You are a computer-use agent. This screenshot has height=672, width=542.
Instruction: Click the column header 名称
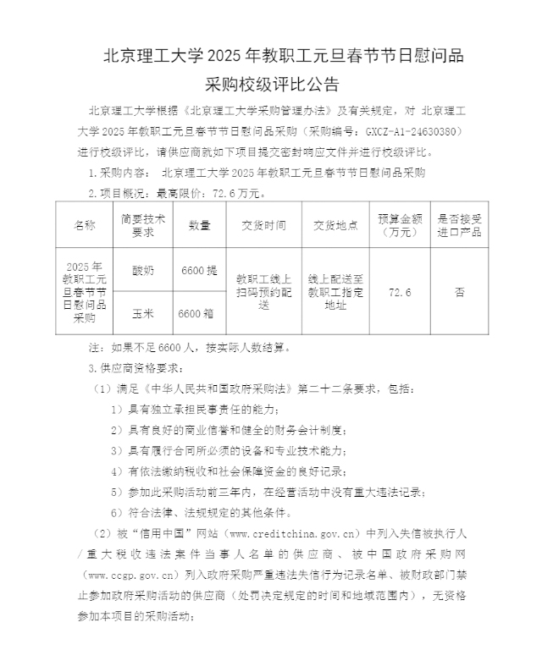point(85,225)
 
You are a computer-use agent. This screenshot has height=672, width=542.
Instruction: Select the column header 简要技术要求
point(142,225)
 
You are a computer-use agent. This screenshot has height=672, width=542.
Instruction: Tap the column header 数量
point(199,225)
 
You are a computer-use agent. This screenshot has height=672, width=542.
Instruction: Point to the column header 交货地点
point(335,225)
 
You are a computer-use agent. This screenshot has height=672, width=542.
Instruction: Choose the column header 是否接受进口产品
point(459,225)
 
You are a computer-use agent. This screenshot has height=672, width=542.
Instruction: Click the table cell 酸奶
point(142,270)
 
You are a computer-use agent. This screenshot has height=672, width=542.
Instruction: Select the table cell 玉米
point(142,312)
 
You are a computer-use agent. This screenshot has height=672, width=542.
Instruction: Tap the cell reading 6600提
point(199,270)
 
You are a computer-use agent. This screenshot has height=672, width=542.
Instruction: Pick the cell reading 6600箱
point(199,312)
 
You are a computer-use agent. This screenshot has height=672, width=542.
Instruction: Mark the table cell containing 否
point(459,291)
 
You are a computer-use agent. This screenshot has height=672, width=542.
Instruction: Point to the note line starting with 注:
point(190,347)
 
